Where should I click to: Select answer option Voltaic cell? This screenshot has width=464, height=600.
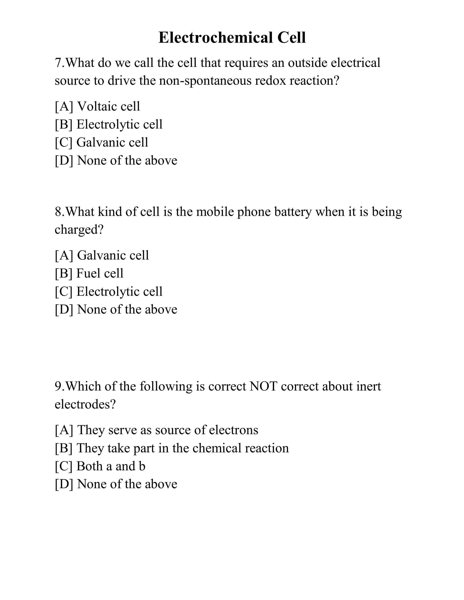coord(108,106)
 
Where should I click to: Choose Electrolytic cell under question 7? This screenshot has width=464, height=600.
coord(119,125)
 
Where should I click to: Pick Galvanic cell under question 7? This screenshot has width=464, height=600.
coord(112,142)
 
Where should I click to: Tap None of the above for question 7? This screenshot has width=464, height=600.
coord(127,161)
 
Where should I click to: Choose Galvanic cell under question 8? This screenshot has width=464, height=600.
coord(113,255)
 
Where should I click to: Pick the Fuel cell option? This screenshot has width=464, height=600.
coord(100,273)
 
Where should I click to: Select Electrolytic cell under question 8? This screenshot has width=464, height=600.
coord(119,291)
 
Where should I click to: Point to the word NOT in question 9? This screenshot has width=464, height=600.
coord(263,386)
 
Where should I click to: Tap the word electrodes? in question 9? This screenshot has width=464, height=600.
coord(85,404)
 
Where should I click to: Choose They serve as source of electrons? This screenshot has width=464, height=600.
coord(168,430)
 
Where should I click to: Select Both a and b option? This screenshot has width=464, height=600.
coord(111,466)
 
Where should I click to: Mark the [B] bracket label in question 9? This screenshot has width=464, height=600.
coord(63,448)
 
